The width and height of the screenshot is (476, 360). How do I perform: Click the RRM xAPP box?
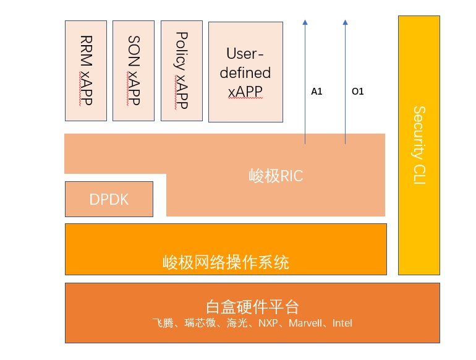[x=86, y=70]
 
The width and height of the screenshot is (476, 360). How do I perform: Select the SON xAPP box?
[x=134, y=70]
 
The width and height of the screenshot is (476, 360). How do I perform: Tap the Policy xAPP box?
[x=181, y=70]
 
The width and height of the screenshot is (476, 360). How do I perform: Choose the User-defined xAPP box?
[x=245, y=72]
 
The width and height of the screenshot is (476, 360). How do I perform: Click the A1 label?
[x=317, y=92]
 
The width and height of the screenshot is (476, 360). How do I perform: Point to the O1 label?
[x=357, y=92]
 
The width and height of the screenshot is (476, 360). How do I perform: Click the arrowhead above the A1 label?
[x=305, y=22]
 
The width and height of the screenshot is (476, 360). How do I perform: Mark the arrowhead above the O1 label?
[x=345, y=22]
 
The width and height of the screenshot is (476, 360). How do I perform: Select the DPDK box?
[x=109, y=199]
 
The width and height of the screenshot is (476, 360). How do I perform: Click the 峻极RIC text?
[x=275, y=176]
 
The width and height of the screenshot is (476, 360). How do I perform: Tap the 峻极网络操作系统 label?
[x=226, y=262]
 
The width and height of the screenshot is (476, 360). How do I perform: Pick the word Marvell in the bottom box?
[x=311, y=323]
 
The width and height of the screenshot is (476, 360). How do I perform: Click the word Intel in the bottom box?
[x=342, y=323]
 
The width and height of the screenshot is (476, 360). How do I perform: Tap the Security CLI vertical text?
[x=419, y=145]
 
